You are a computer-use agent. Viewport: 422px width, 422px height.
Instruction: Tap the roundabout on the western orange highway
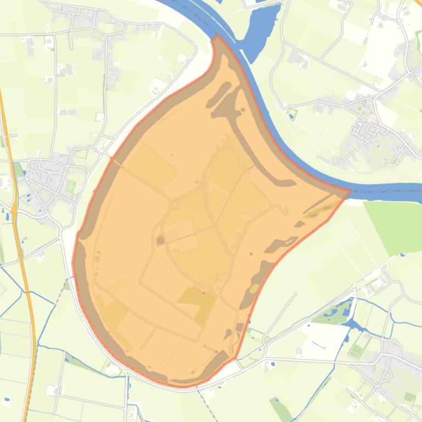(x=14, y=210)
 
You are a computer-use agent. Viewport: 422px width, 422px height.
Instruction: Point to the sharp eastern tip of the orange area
(x=350, y=191)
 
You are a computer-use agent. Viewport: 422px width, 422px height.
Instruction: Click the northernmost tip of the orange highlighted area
(x=217, y=37)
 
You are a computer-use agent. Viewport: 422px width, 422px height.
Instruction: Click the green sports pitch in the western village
(x=70, y=186)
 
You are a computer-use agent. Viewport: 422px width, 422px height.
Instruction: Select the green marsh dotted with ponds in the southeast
(x=335, y=313)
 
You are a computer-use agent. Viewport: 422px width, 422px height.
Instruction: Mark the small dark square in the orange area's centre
(x=160, y=240)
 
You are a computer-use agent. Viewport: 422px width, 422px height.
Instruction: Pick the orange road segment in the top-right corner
(x=418, y=3)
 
